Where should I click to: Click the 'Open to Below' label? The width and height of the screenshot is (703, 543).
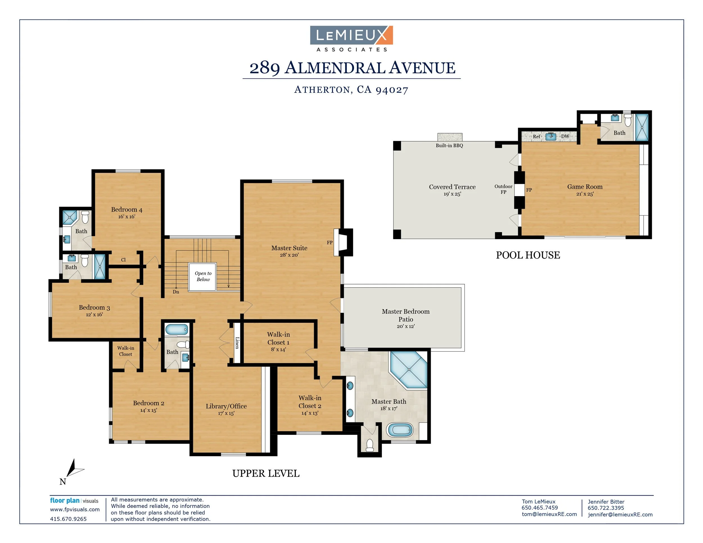[203, 276]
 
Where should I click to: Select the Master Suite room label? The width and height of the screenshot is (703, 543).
[289, 248]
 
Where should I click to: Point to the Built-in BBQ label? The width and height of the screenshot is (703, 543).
[449, 145]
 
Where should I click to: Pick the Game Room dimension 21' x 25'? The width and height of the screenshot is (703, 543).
[585, 194]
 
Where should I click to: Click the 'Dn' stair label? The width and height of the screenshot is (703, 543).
[176, 292]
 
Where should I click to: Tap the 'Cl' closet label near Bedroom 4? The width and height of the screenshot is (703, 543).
[123, 260]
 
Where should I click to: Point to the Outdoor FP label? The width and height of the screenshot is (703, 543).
[503, 189]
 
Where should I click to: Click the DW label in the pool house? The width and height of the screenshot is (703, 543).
[565, 136]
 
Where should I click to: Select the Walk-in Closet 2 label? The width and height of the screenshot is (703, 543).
[310, 402]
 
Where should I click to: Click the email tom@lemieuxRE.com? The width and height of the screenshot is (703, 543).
[549, 514]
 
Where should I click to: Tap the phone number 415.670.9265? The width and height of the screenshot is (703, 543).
[68, 519]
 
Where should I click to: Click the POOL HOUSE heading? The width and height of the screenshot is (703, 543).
[528, 255]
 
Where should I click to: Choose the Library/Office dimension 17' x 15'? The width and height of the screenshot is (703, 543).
[226, 413]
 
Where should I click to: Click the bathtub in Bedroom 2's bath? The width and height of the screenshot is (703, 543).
[176, 329]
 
